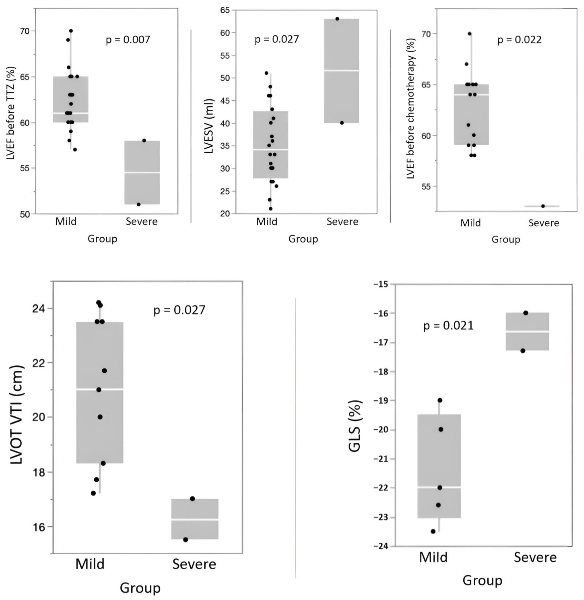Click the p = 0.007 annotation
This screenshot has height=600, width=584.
click(128, 40)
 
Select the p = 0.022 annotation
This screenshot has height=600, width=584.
click(519, 40)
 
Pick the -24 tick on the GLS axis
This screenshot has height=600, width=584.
click(380, 546)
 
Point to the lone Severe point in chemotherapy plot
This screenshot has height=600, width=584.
click(543, 206)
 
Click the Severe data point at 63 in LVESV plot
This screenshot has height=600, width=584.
click(337, 19)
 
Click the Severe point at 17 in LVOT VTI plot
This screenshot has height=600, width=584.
click(192, 499)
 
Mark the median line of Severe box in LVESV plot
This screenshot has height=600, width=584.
click(342, 70)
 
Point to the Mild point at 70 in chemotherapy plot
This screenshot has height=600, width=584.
click(469, 34)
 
